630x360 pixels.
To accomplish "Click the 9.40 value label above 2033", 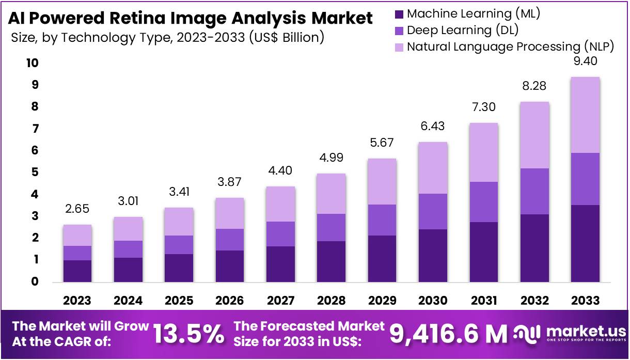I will coord(586,62).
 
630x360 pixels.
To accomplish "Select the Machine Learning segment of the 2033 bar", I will coord(586,243).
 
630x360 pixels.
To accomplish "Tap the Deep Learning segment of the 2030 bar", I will coord(433,211).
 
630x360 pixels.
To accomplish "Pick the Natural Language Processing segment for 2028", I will coord(331,194).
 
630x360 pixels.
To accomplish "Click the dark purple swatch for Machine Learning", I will coord(399,13).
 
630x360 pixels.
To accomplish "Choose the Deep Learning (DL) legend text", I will coord(463,30).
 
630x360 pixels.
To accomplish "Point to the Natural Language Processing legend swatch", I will coord(399,46).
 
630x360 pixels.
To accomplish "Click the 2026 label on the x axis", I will coord(229,301).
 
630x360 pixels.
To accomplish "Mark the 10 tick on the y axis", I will coord(33,63).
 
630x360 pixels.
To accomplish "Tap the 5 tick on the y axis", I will coord(35,173).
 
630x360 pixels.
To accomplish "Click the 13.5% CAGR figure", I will coord(189,335).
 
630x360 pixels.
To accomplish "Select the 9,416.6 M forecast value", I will coord(448,335).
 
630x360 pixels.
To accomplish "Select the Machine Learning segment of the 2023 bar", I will coord(77,271).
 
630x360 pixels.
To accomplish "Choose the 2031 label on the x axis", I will coord(484,301).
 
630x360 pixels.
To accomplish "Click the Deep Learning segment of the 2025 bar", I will coord(179,245).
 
